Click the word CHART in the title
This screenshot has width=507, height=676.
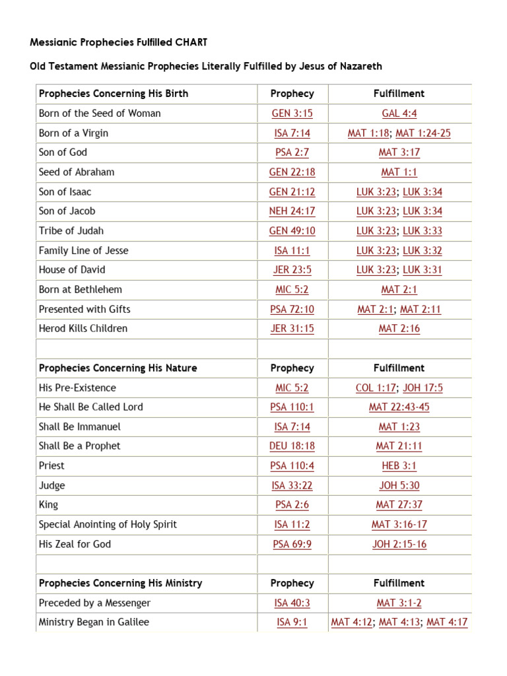click(191, 42)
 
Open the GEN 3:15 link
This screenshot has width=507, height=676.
click(292, 114)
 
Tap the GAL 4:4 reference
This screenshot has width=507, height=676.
click(399, 114)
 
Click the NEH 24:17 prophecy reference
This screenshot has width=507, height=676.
click(292, 211)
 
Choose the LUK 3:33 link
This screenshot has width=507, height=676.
click(422, 231)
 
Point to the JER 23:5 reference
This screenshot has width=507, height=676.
click(292, 270)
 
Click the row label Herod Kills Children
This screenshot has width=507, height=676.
click(83, 329)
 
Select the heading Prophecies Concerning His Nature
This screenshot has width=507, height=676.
click(118, 368)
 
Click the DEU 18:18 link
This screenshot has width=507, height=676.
click(292, 446)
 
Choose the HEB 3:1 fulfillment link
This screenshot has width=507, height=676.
click(399, 466)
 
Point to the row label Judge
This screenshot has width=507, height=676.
click(52, 486)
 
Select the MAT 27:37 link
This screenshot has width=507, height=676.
click(399, 505)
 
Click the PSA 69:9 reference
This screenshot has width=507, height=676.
click(292, 545)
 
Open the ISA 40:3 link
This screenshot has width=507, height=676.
click(292, 603)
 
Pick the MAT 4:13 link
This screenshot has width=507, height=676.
click(399, 623)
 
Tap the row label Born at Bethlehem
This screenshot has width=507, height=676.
click(81, 290)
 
